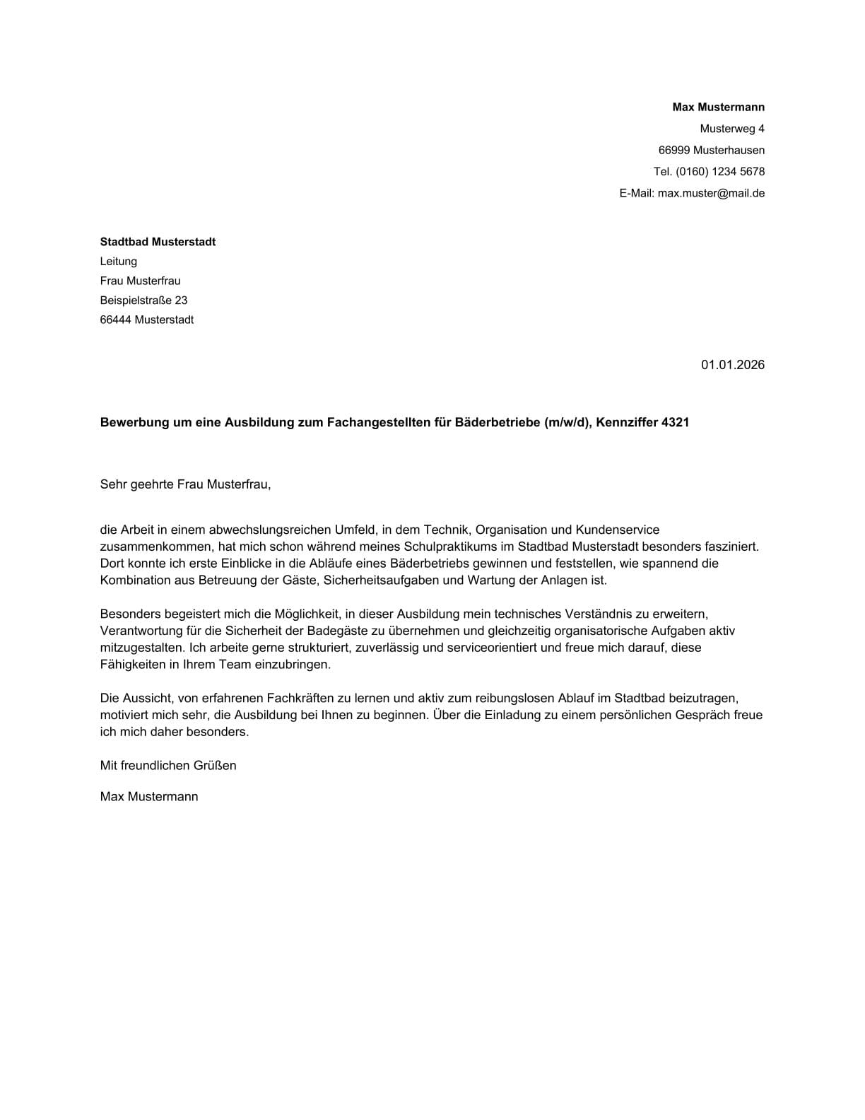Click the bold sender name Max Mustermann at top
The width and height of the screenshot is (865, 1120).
pyautogui.click(x=718, y=107)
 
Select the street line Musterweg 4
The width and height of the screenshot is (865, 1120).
pyautogui.click(x=731, y=129)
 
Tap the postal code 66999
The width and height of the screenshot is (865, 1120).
pyautogui.click(x=674, y=150)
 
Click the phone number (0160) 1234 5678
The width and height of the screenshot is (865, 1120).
pyautogui.click(x=719, y=171)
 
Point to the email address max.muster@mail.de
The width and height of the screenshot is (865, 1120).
pyautogui.click(x=711, y=193)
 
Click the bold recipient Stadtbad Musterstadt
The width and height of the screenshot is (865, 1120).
pyautogui.click(x=158, y=242)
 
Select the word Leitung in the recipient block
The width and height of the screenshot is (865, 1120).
pyautogui.click(x=118, y=262)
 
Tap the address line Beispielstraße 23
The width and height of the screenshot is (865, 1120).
pyautogui.click(x=143, y=301)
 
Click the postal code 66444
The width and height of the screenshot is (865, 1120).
pyautogui.click(x=115, y=320)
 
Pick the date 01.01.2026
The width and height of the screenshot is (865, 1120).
pyautogui.click(x=732, y=365)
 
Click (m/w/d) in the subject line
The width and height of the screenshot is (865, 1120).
pyautogui.click(x=567, y=423)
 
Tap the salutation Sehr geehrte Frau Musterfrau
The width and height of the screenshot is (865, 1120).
pyautogui.click(x=185, y=484)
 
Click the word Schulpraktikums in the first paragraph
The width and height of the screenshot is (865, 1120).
pyautogui.click(x=445, y=547)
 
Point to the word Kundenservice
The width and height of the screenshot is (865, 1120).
pyautogui.click(x=617, y=530)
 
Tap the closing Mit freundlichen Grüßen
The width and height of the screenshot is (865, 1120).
pyautogui.click(x=168, y=765)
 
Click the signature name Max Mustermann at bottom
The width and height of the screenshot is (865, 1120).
pyautogui.click(x=149, y=797)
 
